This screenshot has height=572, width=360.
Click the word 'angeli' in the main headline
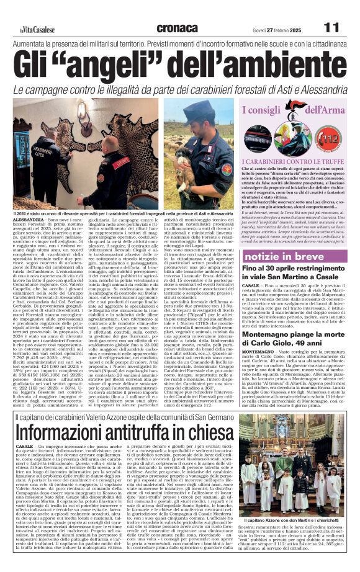tap(116, 65)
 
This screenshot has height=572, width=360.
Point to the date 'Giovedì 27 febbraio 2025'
tap(276, 29)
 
